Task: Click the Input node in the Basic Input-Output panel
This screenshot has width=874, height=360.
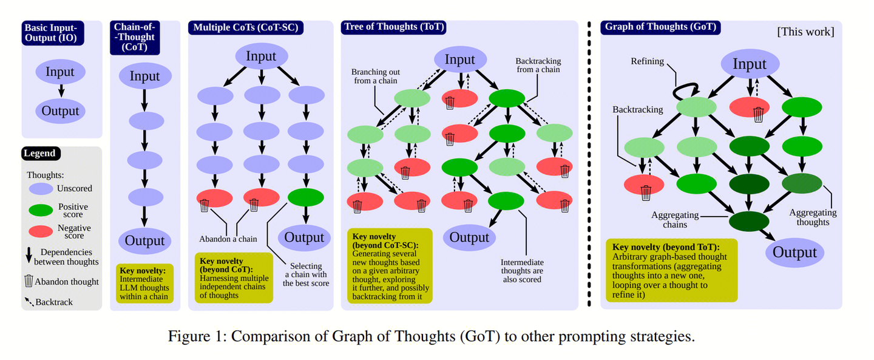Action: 59,72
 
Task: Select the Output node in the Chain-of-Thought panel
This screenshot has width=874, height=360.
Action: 144,240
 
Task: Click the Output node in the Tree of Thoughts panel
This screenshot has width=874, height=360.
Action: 469,237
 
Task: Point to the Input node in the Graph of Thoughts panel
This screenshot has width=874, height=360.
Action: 749,64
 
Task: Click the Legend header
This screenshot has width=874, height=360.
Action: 40,154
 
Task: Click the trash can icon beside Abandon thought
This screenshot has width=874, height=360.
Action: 28,281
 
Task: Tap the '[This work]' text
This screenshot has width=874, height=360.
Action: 805,32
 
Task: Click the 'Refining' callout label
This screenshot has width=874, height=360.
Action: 647,61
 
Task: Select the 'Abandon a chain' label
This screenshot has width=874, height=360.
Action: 228,239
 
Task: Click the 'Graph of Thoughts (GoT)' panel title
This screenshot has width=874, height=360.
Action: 660,27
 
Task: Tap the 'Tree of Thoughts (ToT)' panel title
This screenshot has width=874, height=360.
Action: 394,27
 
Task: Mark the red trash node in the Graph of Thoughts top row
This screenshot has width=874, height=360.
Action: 749,107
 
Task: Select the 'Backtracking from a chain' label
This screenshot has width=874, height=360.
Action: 538,66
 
